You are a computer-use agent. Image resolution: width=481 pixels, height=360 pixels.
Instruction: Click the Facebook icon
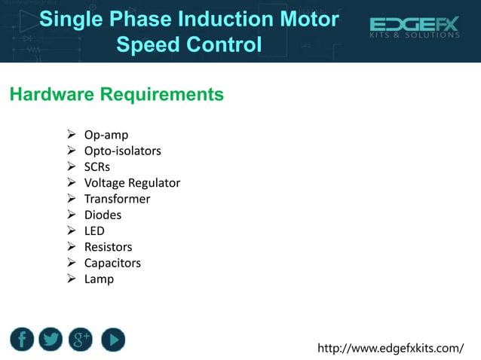(22, 340)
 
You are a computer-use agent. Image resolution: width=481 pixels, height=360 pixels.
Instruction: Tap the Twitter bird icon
(51, 340)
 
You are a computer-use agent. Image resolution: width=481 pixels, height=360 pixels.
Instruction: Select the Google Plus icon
(81, 340)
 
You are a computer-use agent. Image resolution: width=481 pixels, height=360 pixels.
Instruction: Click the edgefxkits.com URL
(391, 348)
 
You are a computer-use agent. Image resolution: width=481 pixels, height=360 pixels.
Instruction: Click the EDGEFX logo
(414, 29)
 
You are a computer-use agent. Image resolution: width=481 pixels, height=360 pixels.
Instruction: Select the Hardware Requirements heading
(116, 94)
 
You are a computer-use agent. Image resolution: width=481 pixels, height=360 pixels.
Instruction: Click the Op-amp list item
(106, 135)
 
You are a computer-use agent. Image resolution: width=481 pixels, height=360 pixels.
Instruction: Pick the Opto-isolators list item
(122, 151)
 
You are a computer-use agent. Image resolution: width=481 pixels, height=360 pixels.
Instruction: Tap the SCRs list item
(97, 166)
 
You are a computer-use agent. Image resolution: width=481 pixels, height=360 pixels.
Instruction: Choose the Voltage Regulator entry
(132, 183)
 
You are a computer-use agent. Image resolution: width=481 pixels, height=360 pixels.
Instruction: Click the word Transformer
(117, 199)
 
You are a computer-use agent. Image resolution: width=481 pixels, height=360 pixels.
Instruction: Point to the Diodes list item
(103, 215)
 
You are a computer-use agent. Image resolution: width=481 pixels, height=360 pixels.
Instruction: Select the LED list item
(94, 230)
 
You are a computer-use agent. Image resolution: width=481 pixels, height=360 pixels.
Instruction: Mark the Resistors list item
(108, 247)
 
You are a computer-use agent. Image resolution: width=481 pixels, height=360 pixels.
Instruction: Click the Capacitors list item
(112, 263)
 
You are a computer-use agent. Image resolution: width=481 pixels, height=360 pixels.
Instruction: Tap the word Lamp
(99, 279)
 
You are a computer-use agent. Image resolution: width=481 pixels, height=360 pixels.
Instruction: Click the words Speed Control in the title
(188, 44)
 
